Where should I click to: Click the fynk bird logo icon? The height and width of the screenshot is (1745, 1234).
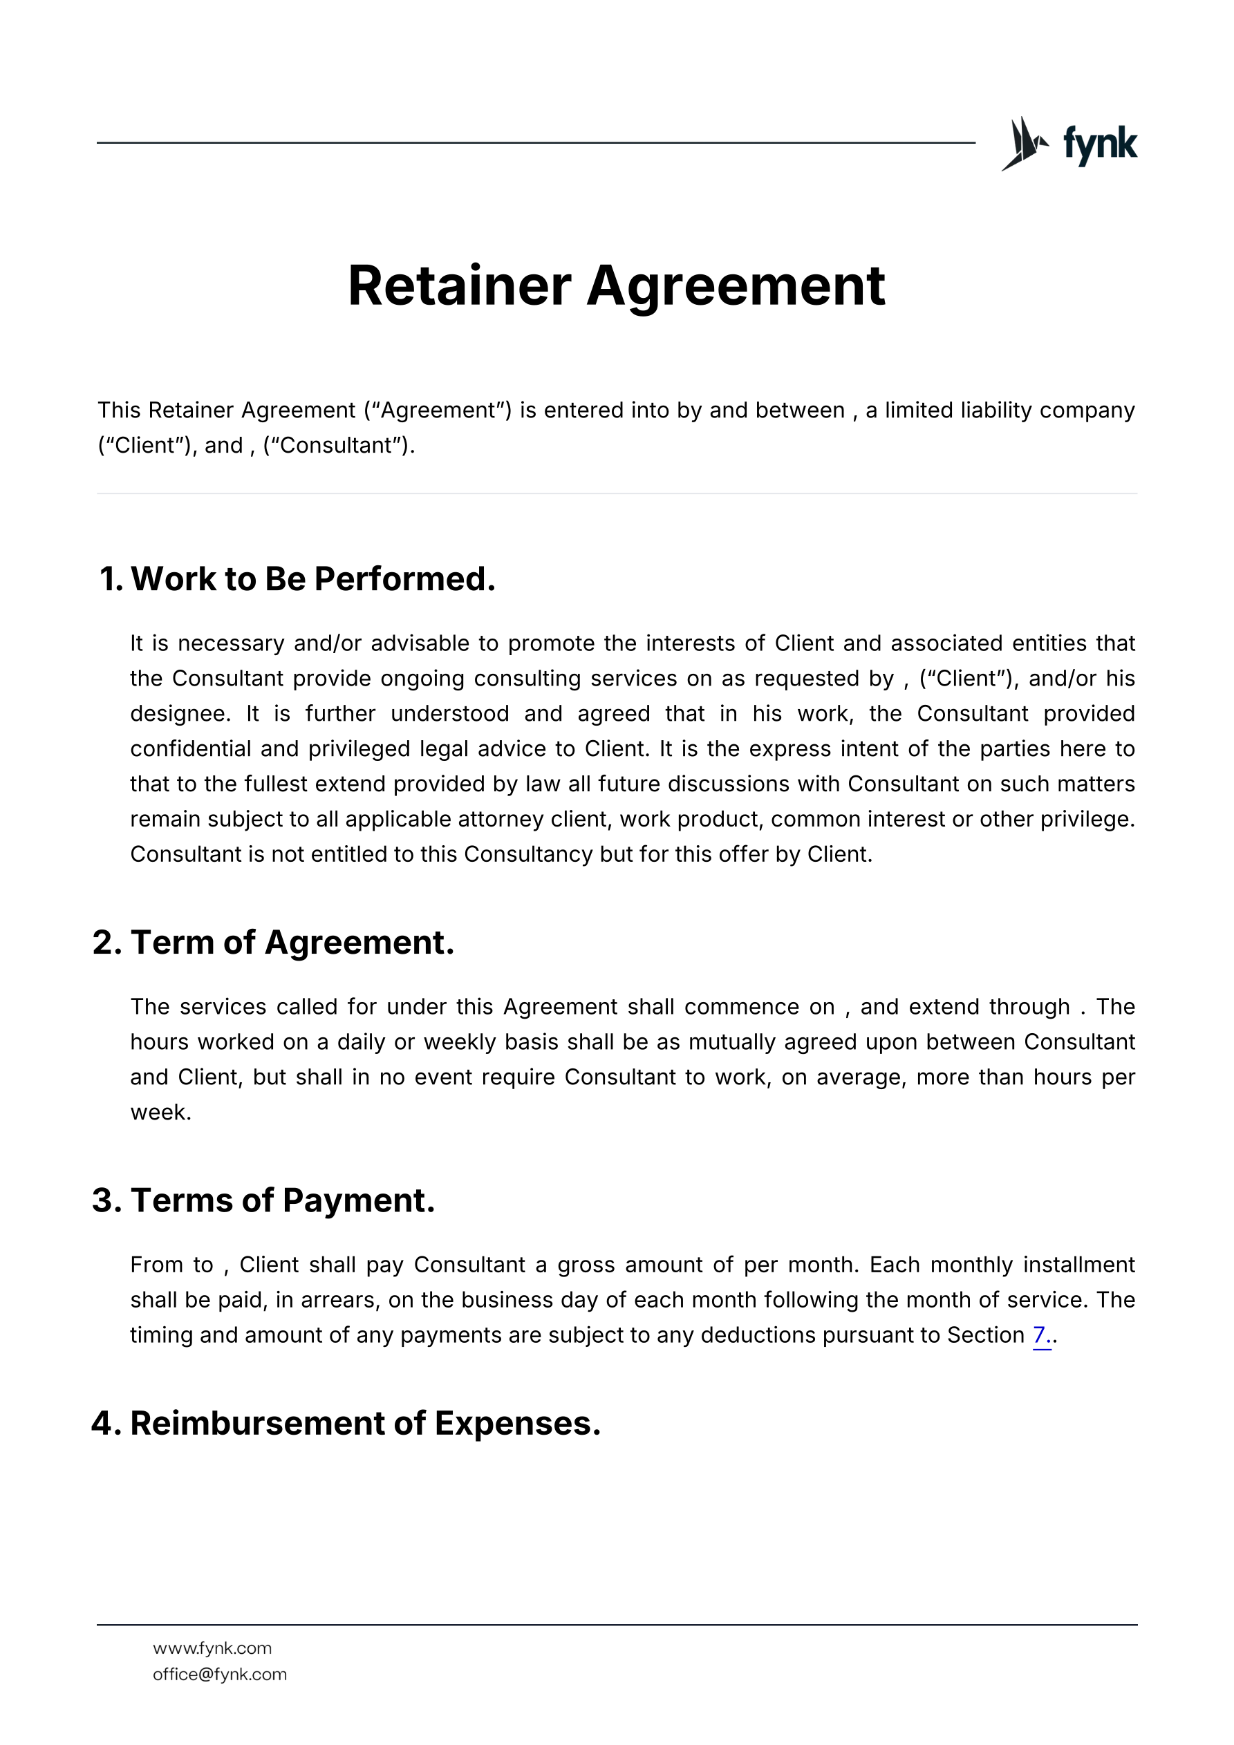[x=1023, y=144]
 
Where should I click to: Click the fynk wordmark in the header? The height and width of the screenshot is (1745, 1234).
[x=1099, y=144]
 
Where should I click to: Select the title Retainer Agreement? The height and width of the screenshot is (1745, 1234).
[x=616, y=286]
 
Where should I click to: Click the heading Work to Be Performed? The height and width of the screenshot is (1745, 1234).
[x=312, y=579]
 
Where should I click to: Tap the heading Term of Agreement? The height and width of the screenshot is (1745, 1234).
[x=292, y=943]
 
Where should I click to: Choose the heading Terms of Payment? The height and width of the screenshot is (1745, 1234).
[x=282, y=1201]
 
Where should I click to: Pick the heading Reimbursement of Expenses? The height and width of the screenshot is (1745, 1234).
[x=365, y=1424]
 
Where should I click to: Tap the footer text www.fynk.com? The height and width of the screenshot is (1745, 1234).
[x=212, y=1648]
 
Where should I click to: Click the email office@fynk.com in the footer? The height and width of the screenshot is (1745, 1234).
[x=220, y=1675]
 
